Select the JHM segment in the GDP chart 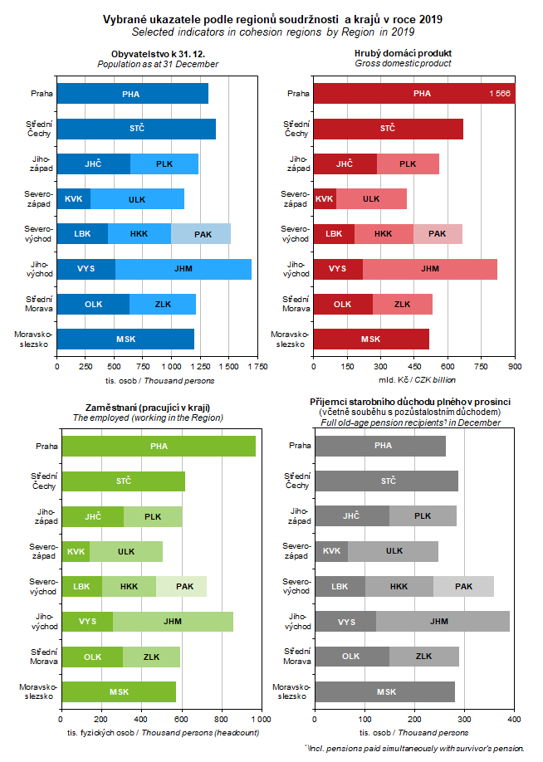430,269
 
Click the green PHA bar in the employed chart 159,446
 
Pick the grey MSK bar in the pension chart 385,691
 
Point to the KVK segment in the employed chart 76,551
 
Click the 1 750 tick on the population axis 257,365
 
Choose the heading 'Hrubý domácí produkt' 403,54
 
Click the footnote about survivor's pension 414,749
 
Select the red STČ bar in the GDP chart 388,129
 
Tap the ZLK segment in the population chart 163,305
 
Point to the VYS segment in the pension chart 346,621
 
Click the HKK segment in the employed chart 129,587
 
